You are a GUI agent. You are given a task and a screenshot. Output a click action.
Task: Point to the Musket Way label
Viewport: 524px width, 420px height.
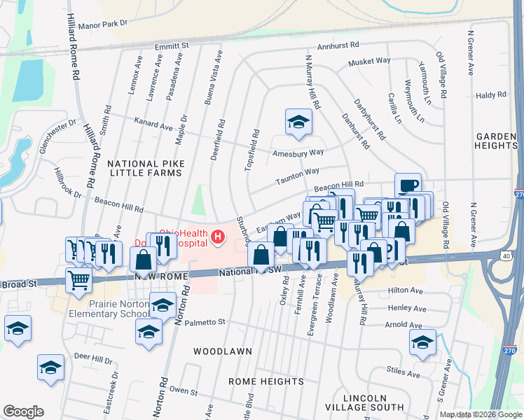(x=371, y=61)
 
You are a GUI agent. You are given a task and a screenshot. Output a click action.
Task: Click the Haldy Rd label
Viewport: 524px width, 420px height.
(x=490, y=94)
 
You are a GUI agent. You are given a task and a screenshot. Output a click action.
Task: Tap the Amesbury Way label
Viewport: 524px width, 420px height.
(x=298, y=152)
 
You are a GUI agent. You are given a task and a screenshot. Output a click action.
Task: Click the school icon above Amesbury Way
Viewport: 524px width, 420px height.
(x=298, y=122)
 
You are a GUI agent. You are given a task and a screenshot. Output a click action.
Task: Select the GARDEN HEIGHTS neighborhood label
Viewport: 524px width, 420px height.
(x=495, y=141)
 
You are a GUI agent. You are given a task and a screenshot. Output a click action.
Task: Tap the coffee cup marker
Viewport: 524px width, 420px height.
(x=408, y=185)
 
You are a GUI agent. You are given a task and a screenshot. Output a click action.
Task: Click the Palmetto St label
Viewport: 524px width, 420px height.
(x=204, y=322)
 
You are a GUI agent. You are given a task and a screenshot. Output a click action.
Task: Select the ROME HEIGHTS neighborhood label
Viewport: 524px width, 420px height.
(x=266, y=381)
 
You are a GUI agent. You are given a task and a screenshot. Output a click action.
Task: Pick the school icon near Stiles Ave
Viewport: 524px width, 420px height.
(x=422, y=342)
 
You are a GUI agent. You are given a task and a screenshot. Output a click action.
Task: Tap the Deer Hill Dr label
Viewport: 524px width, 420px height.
(x=93, y=359)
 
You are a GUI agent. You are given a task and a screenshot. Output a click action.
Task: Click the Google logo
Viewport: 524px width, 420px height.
(x=23, y=412)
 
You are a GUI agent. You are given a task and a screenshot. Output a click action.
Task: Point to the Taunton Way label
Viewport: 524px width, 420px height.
(x=297, y=171)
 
